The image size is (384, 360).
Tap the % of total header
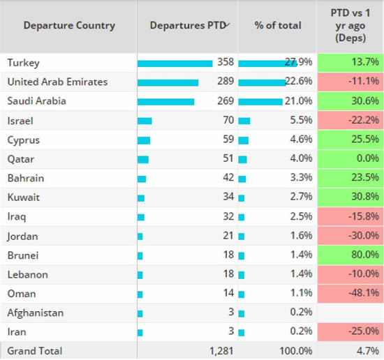(x=277, y=26)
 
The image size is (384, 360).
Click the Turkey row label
(x=22, y=63)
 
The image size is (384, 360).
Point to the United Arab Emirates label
(x=57, y=82)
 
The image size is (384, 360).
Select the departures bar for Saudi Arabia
(x=166, y=101)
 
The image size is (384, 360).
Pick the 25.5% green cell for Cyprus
(x=350, y=140)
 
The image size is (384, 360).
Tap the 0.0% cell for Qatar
(x=350, y=159)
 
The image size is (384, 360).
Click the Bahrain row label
(x=26, y=179)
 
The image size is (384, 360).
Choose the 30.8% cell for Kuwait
(x=350, y=197)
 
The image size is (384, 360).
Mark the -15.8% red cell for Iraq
(x=350, y=217)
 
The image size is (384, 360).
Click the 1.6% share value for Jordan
(x=291, y=237)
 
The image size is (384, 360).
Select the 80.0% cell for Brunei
(x=350, y=255)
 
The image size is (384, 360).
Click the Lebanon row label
(x=27, y=275)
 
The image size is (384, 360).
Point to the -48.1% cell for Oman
(x=350, y=294)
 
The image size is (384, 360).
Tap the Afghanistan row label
(x=36, y=313)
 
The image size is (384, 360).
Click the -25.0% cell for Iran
(x=350, y=332)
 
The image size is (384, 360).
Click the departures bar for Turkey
(x=175, y=63)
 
